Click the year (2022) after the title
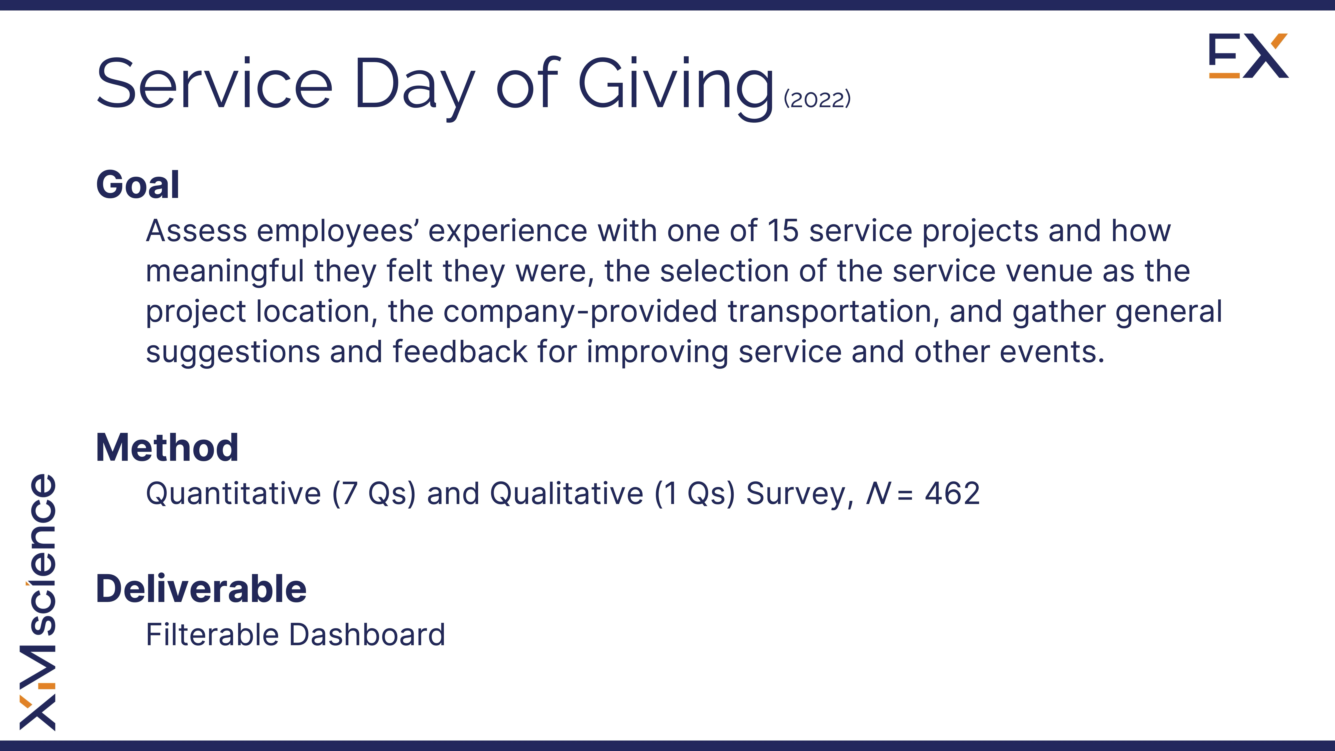(817, 99)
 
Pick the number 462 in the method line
(953, 493)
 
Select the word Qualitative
(566, 493)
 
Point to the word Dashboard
(367, 635)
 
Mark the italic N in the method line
(878, 493)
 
